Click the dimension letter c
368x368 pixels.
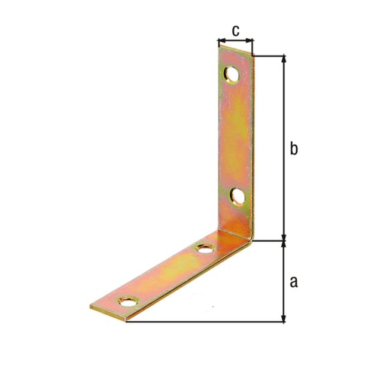coord(235,29)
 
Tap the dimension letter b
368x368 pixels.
coord(293,148)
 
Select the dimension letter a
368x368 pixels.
coord(293,281)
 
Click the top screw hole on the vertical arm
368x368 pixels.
coord(232,75)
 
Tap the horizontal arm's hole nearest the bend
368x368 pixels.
coord(205,248)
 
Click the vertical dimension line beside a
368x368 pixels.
coord(284,281)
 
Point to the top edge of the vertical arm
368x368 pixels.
coord(235,51)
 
